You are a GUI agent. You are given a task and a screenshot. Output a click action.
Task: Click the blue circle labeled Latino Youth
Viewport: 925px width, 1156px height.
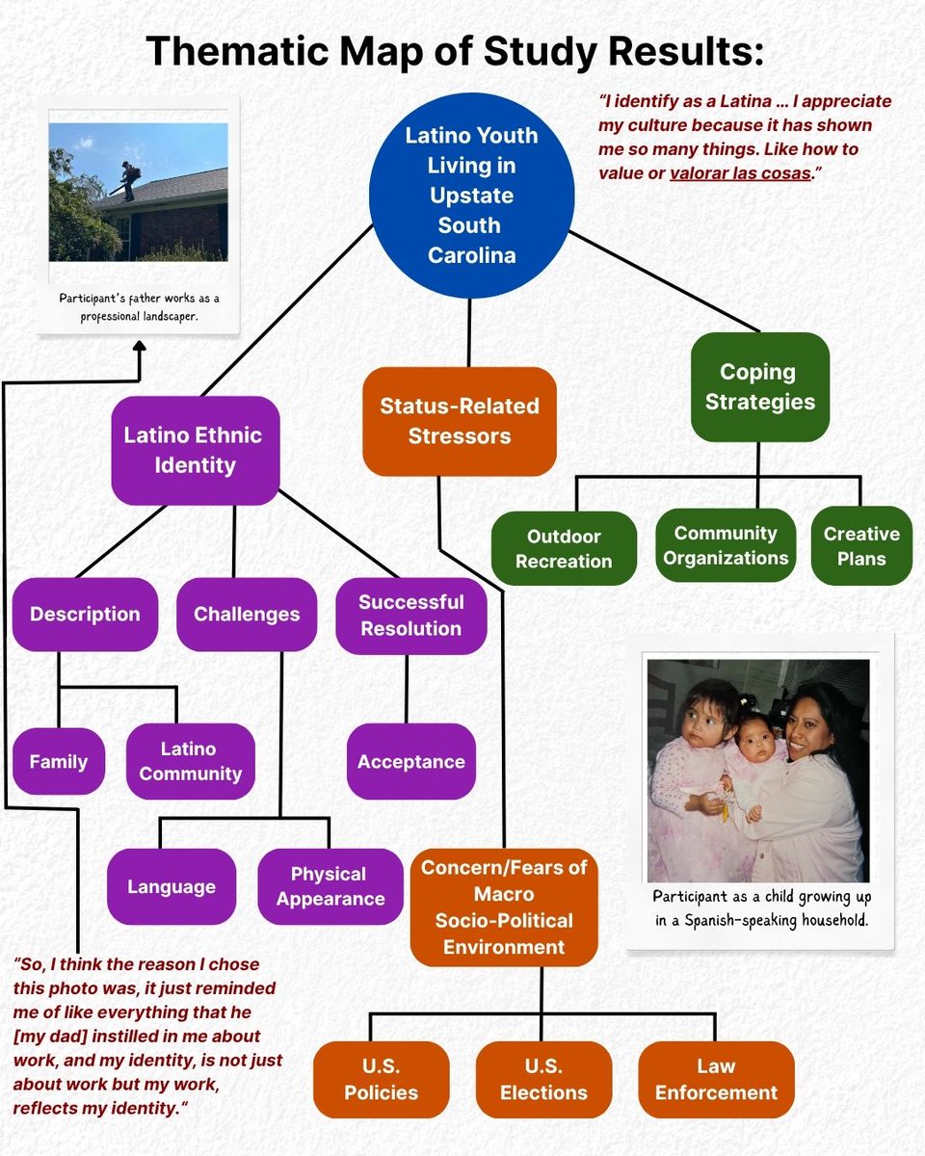click(x=471, y=196)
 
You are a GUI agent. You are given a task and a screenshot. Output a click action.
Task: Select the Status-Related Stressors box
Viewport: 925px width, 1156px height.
click(x=460, y=421)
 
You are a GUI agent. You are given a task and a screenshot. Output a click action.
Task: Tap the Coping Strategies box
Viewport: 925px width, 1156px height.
click(x=759, y=386)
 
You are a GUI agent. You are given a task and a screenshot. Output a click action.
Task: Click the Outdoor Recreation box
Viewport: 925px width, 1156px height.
click(x=564, y=549)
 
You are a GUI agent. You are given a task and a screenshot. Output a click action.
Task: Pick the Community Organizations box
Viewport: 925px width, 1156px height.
click(x=726, y=545)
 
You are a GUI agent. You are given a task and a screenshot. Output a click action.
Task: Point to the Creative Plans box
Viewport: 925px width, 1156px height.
click(x=861, y=545)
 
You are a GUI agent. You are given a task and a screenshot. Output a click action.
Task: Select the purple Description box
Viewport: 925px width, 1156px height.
click(x=85, y=615)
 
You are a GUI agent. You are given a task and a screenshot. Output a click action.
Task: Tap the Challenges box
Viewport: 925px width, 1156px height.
click(x=247, y=615)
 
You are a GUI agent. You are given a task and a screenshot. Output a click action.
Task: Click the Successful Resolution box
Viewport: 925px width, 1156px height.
click(x=410, y=616)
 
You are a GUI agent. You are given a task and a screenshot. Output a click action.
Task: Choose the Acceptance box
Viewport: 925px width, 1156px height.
click(x=410, y=762)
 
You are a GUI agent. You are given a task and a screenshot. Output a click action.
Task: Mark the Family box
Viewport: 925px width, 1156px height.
click(x=59, y=762)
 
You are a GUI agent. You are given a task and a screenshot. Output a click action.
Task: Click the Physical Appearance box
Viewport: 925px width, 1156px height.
click(x=330, y=886)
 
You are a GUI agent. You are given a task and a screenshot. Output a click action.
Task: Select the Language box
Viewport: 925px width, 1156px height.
click(x=171, y=886)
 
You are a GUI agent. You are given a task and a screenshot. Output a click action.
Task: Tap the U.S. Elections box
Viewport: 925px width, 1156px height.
click(x=543, y=1079)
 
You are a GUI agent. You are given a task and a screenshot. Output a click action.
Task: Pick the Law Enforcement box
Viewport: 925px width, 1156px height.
click(x=716, y=1079)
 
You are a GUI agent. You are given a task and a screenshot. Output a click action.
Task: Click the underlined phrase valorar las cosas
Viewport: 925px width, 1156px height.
click(x=740, y=173)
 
